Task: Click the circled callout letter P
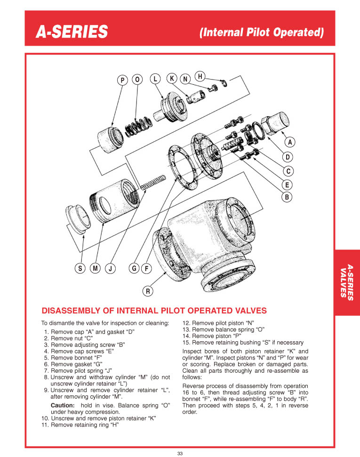point(123,80)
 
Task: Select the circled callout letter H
point(200,76)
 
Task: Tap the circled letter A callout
point(289,142)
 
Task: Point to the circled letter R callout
point(147,291)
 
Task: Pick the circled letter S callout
point(80,269)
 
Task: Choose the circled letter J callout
point(110,269)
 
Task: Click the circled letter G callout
point(134,269)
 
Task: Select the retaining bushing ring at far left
point(78,219)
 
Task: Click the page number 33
point(180,453)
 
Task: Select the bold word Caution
point(62,405)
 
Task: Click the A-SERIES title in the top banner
point(72,32)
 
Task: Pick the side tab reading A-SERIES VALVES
point(347,281)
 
